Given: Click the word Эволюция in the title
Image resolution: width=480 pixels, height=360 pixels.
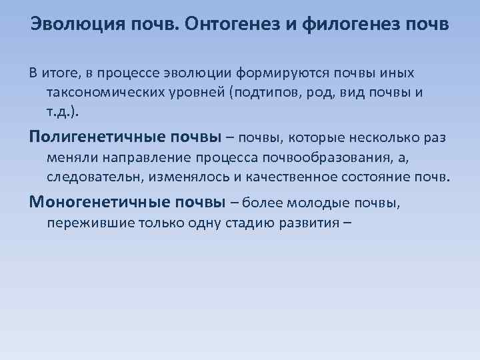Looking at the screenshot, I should pos(72,25).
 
